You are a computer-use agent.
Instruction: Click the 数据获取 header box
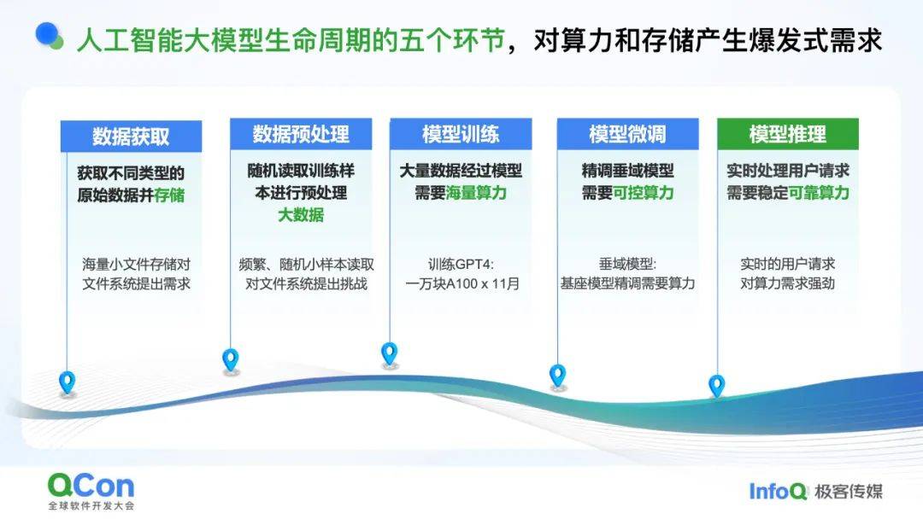[x=132, y=137]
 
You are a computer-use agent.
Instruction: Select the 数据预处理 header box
[x=301, y=134]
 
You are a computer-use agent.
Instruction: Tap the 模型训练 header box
[x=461, y=134]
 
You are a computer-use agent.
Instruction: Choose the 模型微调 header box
[x=627, y=134]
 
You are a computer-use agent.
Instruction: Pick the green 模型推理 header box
[x=788, y=134]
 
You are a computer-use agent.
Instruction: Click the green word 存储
[x=169, y=195]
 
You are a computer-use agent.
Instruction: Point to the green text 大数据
[x=301, y=215]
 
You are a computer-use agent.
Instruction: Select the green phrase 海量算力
[x=476, y=193]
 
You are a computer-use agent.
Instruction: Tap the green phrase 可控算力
[x=643, y=193]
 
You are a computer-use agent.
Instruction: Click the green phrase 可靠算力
[x=819, y=193]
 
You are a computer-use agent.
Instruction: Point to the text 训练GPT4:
[x=461, y=265]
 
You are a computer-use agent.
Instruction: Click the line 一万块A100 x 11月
[x=462, y=284]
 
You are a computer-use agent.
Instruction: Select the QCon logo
[x=91, y=491]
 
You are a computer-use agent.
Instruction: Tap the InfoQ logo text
[x=778, y=492]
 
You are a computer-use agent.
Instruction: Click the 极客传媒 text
[x=849, y=492]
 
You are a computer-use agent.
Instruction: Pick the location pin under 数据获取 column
[x=68, y=382]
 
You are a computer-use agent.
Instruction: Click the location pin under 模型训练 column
[x=390, y=354]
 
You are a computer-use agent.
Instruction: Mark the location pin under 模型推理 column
[x=716, y=386]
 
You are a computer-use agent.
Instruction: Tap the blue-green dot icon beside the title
[x=49, y=36]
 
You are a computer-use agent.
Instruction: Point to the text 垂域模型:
[x=627, y=265]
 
